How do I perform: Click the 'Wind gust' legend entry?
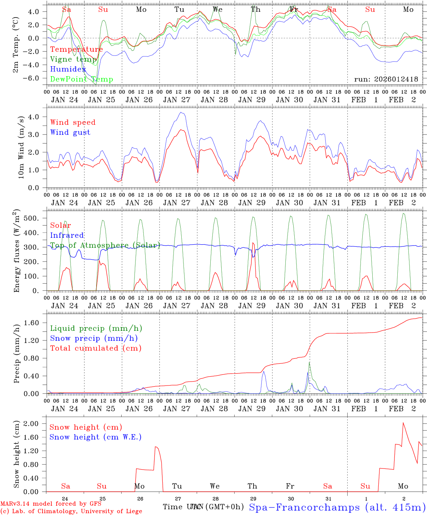(x=70, y=132)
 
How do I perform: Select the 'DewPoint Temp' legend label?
(x=82, y=79)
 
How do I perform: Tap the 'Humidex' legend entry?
(x=68, y=69)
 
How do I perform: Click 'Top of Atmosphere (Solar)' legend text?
(x=105, y=245)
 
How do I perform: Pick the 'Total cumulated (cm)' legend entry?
(x=96, y=348)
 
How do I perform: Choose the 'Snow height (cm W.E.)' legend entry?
(x=95, y=437)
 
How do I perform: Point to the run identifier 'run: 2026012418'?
(x=386, y=79)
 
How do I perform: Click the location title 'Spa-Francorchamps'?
(x=304, y=507)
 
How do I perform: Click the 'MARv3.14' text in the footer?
(x=16, y=504)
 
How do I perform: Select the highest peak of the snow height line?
(x=403, y=423)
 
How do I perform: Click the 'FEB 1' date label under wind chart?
(x=365, y=203)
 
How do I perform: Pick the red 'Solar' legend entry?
(x=60, y=225)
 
